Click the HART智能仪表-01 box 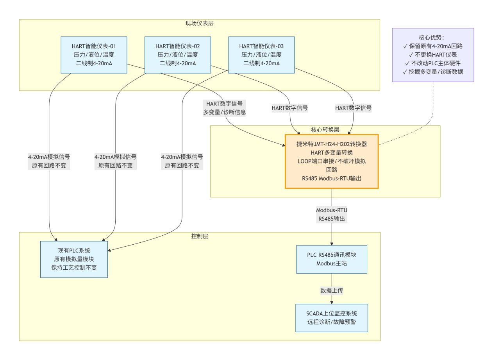94,55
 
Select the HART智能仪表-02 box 178,55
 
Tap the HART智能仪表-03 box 261,55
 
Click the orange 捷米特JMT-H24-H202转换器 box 332,161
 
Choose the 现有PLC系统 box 74,259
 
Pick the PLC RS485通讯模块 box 332,259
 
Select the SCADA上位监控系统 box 332,318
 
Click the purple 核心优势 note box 433,55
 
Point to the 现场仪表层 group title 199,23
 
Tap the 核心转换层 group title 325,130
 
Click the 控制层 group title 200,236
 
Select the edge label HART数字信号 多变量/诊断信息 224,108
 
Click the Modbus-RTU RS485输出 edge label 332,215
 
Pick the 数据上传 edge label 332,290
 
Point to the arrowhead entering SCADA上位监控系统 332,303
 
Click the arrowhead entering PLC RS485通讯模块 332,244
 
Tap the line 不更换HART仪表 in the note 433,55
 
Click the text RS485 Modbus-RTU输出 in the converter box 332,178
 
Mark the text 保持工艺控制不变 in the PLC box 74,267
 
